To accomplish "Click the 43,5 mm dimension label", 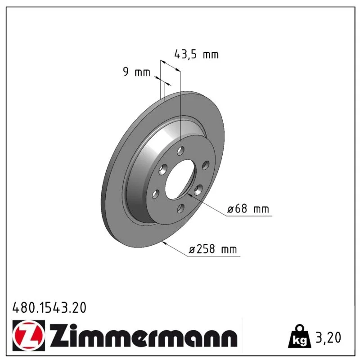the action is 196,54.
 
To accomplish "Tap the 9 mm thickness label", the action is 136,72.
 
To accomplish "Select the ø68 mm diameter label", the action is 248,209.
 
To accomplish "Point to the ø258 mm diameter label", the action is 212,249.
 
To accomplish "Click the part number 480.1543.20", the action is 49,308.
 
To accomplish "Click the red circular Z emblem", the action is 28,335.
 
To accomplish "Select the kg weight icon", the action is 300,336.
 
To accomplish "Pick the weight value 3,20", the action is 328,337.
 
